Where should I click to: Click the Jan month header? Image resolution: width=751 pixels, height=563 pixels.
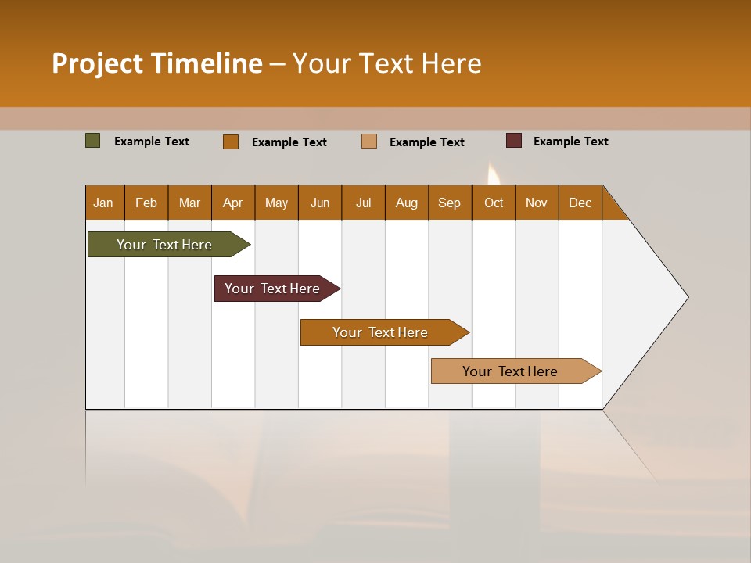pyautogui.click(x=104, y=203)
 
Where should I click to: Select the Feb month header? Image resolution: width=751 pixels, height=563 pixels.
pyautogui.click(x=146, y=203)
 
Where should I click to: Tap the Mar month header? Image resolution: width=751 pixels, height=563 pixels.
pyautogui.click(x=189, y=203)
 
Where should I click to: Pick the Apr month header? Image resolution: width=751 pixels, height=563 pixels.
pyautogui.click(x=233, y=203)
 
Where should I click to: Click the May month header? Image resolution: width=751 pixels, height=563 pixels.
pyautogui.click(x=276, y=203)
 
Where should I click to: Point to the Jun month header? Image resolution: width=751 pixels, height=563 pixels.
pyautogui.click(x=320, y=203)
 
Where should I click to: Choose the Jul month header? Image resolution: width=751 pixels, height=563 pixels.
pyautogui.click(x=363, y=203)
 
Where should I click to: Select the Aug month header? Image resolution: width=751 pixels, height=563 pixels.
pyautogui.click(x=407, y=203)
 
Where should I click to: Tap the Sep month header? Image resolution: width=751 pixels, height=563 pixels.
pyautogui.click(x=450, y=203)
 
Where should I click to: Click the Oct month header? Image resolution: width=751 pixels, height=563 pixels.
pyautogui.click(x=494, y=203)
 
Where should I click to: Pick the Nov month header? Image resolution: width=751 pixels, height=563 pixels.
pyautogui.click(x=537, y=203)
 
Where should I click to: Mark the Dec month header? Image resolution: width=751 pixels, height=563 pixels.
pyautogui.click(x=580, y=203)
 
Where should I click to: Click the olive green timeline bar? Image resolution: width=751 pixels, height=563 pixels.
pyautogui.click(x=164, y=245)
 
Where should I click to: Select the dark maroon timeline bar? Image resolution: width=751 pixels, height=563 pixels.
pyautogui.click(x=272, y=289)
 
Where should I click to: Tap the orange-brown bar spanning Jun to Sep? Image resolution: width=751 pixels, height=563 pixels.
pyautogui.click(x=380, y=332)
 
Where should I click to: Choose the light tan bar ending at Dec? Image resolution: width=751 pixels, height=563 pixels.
pyautogui.click(x=510, y=371)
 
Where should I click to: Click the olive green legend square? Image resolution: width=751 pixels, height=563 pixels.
pyautogui.click(x=93, y=141)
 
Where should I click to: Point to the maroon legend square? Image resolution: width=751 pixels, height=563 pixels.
pyautogui.click(x=514, y=141)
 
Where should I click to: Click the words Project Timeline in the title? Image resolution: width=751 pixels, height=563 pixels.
pyautogui.click(x=157, y=63)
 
